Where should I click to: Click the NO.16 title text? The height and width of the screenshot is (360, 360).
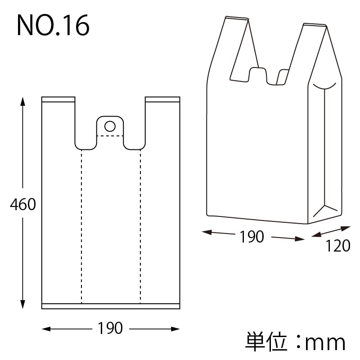tap(53, 25)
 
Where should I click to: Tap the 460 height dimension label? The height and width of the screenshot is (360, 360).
tap(23, 204)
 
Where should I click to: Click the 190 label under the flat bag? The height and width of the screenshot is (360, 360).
tap(110, 328)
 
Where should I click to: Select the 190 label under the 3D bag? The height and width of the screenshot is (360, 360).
tap(252, 237)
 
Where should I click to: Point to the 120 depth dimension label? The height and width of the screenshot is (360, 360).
tap(338, 246)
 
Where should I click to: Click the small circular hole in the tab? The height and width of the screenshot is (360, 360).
tap(110, 126)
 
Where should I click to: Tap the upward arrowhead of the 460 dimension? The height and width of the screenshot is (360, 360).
tap(22, 101)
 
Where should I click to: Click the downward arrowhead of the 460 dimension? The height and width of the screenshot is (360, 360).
tap(22, 305)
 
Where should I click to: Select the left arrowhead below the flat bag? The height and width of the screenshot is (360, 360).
tap(46, 329)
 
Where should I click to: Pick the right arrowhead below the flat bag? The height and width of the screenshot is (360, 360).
tap(175, 329)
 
